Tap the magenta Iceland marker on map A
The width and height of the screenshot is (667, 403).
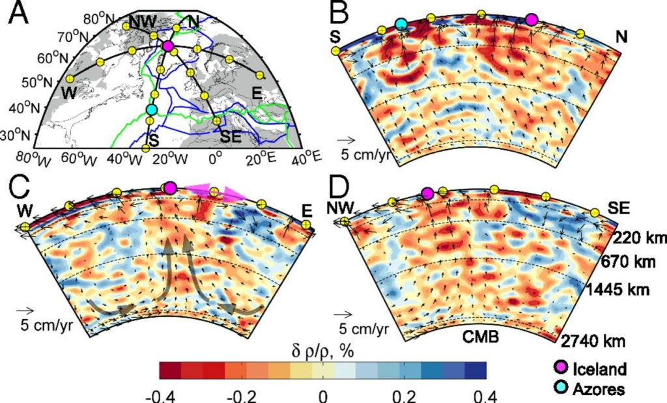(x=168, y=46)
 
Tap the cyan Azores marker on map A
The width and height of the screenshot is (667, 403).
(x=152, y=110)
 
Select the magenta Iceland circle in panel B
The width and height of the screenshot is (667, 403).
(x=532, y=20)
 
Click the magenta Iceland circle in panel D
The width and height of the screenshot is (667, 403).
(x=427, y=193)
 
